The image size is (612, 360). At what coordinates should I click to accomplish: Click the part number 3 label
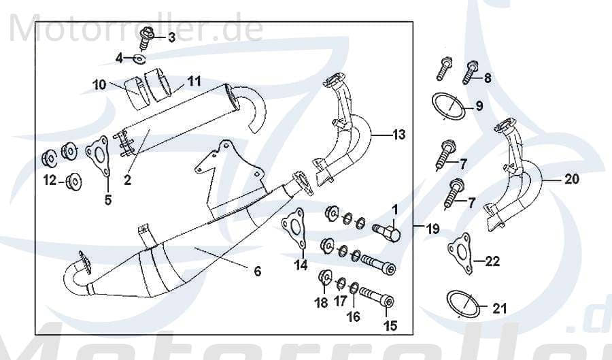(171, 37)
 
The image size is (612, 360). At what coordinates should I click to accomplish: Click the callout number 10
(100, 85)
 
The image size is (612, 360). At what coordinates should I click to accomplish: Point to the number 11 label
(194, 81)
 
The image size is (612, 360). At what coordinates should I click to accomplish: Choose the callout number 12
(50, 180)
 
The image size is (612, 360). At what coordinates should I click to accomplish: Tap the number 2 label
(126, 180)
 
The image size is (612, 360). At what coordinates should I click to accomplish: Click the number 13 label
(398, 135)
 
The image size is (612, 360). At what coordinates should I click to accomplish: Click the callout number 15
(390, 326)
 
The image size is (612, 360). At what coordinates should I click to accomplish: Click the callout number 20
(571, 180)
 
